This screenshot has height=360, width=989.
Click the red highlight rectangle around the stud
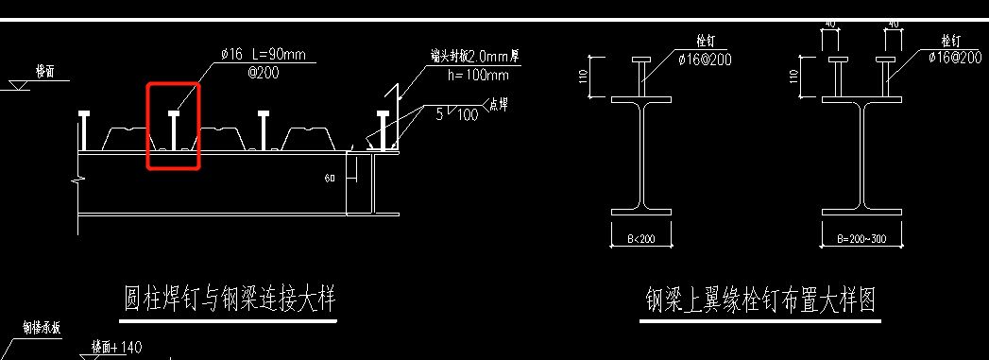173,126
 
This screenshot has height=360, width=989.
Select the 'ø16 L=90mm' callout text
263,56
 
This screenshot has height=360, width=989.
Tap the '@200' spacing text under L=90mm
236,72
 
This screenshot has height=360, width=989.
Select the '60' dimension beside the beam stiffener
330,178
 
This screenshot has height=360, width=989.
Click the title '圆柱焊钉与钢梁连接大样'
230,300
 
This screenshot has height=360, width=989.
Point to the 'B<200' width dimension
641,238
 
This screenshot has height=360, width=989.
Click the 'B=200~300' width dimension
861,238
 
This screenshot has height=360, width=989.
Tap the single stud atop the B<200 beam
641,76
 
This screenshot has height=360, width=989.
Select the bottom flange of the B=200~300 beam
861,212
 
